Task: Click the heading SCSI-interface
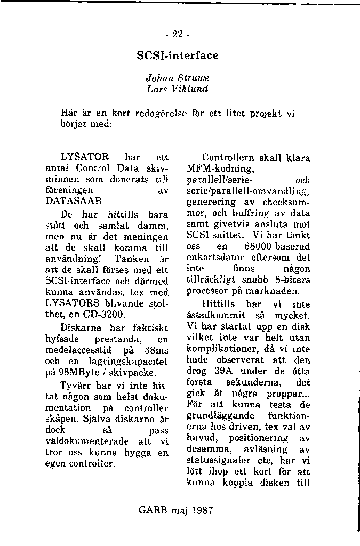178,55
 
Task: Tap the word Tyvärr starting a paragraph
77,385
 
